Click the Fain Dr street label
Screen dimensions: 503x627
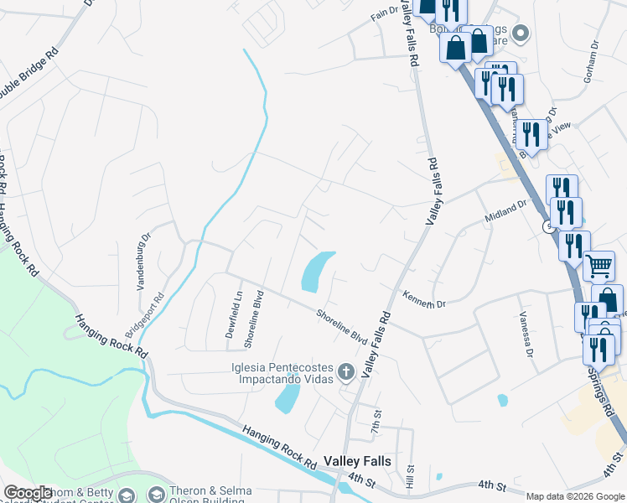[385, 13]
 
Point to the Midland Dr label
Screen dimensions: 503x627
[505, 213]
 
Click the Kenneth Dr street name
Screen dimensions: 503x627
[424, 299]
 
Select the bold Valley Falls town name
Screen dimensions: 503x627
[355, 461]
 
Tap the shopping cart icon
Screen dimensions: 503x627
[598, 266]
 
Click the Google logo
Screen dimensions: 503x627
[28, 493]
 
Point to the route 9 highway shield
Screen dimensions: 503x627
[547, 227]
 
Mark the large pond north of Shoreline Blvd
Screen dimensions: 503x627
[316, 272]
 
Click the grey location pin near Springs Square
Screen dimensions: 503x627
[521, 34]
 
